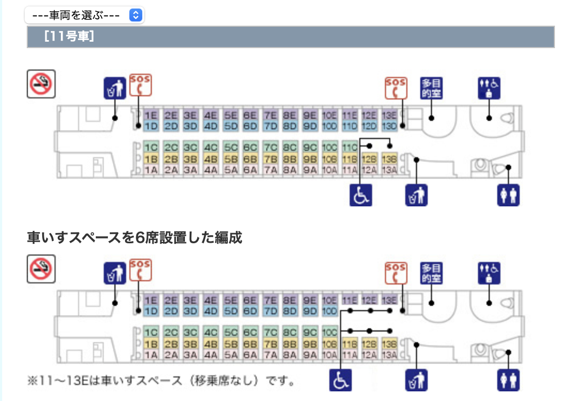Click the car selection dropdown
pyautogui.click(x=84, y=16)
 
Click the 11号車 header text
pyautogui.click(x=70, y=37)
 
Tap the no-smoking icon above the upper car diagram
pyautogui.click(x=41, y=84)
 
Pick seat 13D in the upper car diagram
pyautogui.click(x=390, y=126)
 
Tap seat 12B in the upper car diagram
pyautogui.click(x=369, y=159)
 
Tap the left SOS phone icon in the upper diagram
pyautogui.click(x=141, y=85)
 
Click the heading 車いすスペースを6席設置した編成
pyautogui.click(x=135, y=238)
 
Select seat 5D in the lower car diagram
pyautogui.click(x=231, y=311)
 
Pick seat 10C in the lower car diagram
pyautogui.click(x=330, y=332)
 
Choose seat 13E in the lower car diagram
pyautogui.click(x=390, y=300)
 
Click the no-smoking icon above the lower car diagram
pyautogui.click(x=41, y=269)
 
